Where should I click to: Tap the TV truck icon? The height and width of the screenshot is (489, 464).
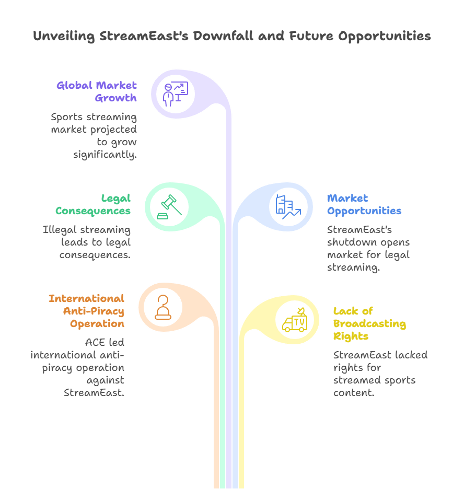coord(295,321)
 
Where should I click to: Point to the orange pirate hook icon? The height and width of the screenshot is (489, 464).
coord(163,308)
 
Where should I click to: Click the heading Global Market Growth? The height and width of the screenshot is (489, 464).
coord(97,91)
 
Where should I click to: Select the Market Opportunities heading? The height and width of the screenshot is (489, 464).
coord(364,204)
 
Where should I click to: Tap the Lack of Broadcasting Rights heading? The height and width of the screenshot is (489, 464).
coord(369,323)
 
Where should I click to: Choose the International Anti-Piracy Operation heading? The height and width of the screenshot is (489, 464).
coord(86,311)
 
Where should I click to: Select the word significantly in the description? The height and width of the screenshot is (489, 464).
coord(105,155)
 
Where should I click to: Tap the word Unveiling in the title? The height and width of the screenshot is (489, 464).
coord(65,36)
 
